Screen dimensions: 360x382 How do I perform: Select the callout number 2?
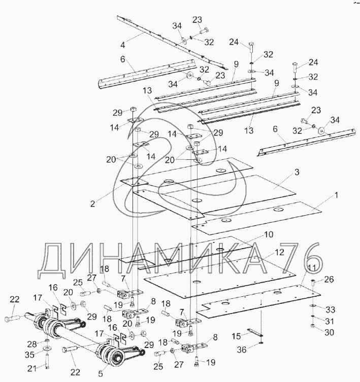[x=93, y=203]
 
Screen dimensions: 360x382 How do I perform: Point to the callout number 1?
[x=323, y=194]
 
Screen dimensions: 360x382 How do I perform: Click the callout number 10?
[x=268, y=235]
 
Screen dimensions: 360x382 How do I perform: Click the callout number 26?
[x=329, y=279]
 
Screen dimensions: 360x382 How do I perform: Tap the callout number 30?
[x=330, y=332]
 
